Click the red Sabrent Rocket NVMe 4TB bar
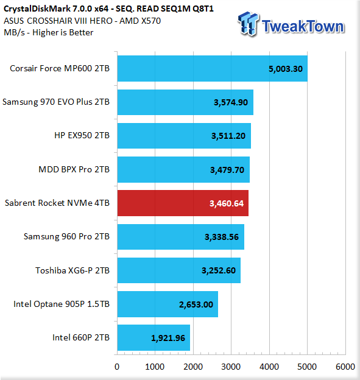[x=183, y=203]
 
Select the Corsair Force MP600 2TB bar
[x=213, y=69]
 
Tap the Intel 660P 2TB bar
[x=154, y=337]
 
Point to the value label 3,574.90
[x=231, y=102]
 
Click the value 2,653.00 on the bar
[x=196, y=304]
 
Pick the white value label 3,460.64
[x=227, y=203]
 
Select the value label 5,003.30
[x=286, y=69]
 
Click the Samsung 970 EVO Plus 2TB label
[x=56, y=102]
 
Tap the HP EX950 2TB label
[x=82, y=135]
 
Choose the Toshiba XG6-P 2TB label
[x=72, y=270]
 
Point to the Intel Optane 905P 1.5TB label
[x=62, y=304]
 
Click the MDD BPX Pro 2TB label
[x=74, y=169]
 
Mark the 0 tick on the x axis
[x=117, y=367]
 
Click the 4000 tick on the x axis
[x=269, y=367]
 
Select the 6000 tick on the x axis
[x=345, y=367]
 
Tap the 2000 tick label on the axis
[x=193, y=367]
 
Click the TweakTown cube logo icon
[x=248, y=24]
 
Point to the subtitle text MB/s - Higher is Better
[x=49, y=32]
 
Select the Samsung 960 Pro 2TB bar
[x=180, y=237]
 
